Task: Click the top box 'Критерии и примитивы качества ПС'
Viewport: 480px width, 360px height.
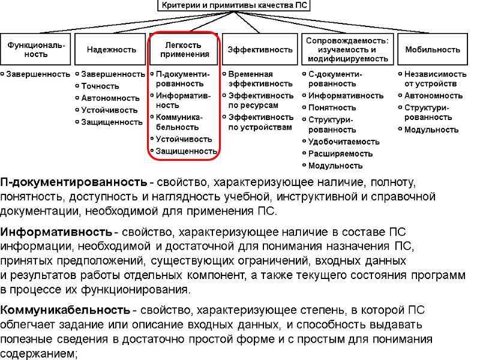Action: pos(235,6)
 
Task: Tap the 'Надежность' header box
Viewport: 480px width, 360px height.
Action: pos(111,49)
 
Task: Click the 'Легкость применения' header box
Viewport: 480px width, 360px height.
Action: pos(185,49)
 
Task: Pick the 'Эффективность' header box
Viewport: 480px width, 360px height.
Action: pos(260,49)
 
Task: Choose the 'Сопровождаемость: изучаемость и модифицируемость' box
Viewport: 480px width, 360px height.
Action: pos(347,49)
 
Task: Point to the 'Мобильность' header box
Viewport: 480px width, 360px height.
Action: pos(433,49)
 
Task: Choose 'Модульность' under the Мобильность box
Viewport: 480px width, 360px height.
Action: pos(431,130)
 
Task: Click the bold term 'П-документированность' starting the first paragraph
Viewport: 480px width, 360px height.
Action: pos(73,182)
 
